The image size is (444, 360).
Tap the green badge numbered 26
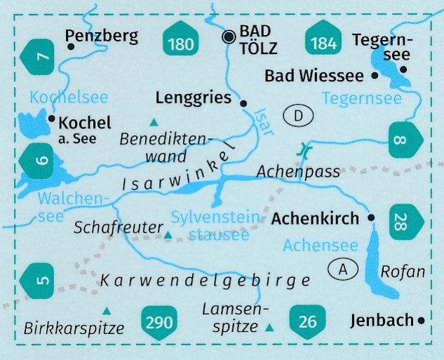pyautogui.click(x=307, y=323)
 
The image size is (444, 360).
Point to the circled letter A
pyautogui.click(x=343, y=268)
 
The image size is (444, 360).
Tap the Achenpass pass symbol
pyautogui.click(x=304, y=149)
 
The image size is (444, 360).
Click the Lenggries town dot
pyautogui.click(x=243, y=103)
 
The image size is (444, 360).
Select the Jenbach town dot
pyautogui.click(x=421, y=321)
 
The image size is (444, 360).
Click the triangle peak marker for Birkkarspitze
pyautogui.click(x=106, y=310)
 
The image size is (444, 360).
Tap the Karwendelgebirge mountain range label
pyautogui.click(x=206, y=281)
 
